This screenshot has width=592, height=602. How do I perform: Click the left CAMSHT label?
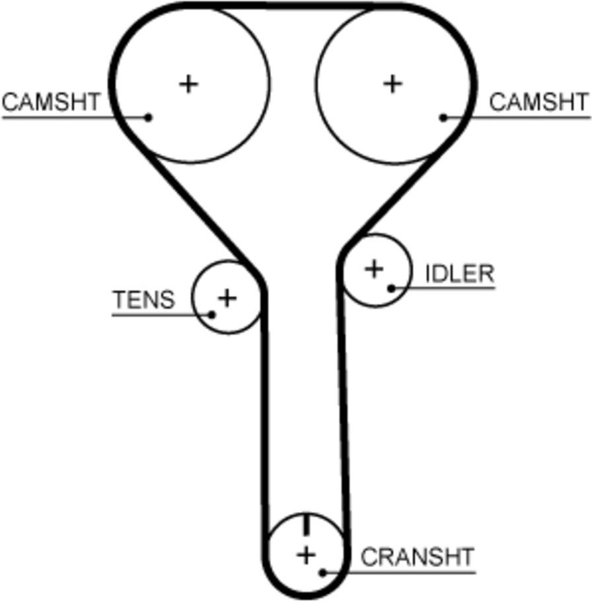51,102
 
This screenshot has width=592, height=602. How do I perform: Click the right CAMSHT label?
539,102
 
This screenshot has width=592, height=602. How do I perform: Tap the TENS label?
143,299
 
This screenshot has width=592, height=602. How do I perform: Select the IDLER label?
460,274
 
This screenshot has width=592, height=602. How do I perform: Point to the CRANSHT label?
418,556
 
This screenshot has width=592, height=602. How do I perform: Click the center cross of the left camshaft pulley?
188,84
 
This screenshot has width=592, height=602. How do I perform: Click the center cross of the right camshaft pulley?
392,84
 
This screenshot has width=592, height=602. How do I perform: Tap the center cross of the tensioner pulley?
227,298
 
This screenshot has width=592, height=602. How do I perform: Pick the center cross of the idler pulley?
375,269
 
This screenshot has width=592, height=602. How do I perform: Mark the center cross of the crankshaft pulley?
307,555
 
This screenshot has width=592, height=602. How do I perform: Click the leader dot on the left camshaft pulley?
148,118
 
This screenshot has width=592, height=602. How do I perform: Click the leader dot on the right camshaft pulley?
443,118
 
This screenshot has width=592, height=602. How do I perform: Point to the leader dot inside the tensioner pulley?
211,315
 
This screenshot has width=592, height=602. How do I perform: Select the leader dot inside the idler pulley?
391,288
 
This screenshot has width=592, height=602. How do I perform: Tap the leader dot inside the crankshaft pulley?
323,573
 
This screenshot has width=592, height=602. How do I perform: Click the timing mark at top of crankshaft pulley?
307,525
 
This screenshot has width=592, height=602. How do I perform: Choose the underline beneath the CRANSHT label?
399,573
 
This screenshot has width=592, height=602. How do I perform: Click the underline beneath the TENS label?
162,315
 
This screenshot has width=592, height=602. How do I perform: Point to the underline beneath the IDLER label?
443,288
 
